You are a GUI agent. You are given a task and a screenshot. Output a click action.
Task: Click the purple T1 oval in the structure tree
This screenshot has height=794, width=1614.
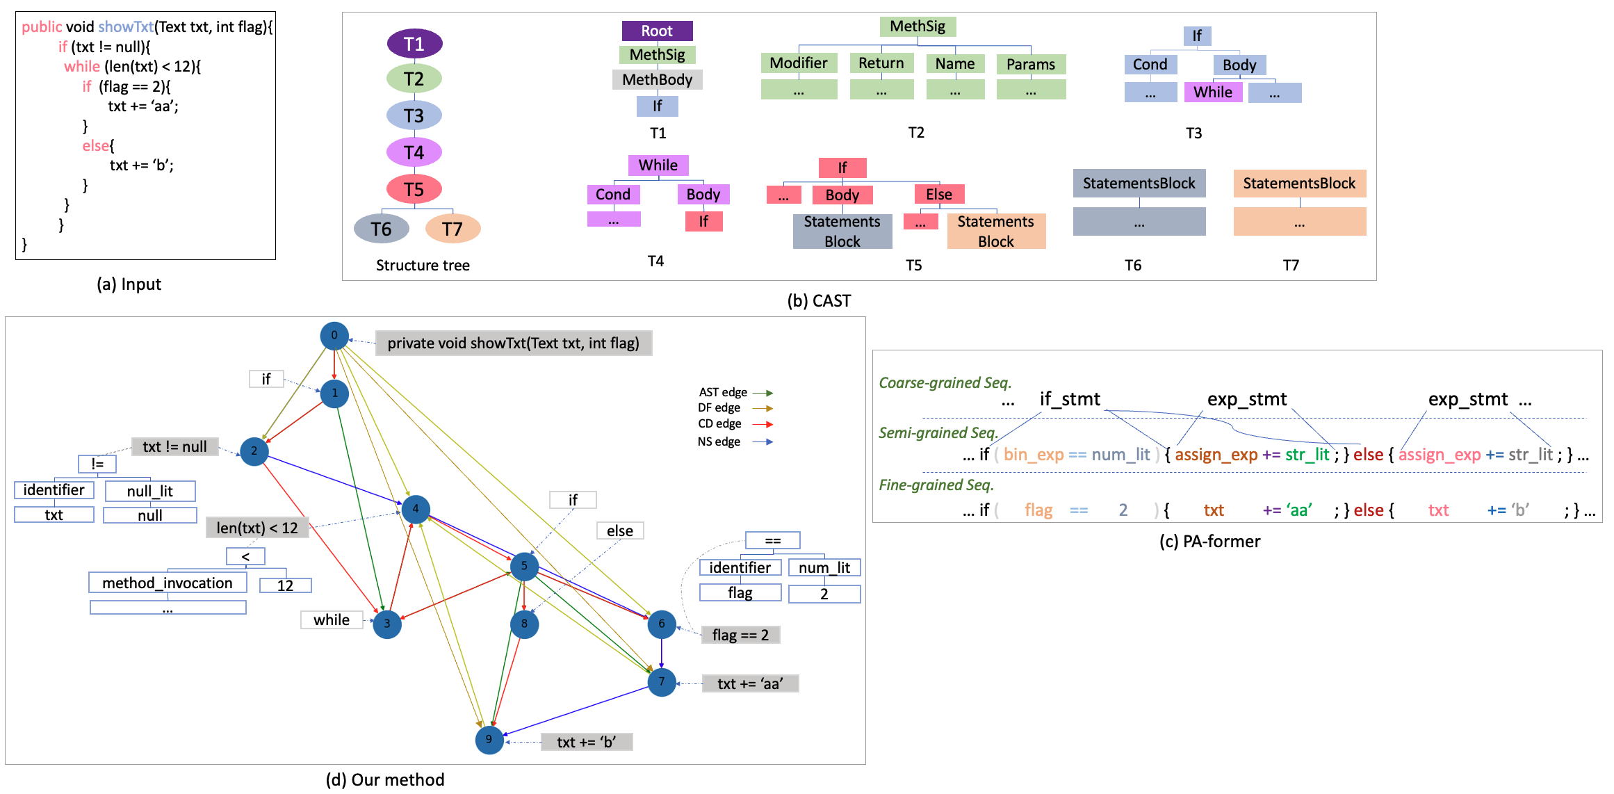414,44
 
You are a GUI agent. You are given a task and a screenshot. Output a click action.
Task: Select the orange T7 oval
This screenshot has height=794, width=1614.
453,229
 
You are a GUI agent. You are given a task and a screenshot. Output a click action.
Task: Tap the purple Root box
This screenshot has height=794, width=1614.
657,31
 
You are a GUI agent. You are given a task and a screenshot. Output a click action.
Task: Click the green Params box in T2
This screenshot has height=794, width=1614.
1030,65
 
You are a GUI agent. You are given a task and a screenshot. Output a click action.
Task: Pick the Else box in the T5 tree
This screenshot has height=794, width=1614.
938,195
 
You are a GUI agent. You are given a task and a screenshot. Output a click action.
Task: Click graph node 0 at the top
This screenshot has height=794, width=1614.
334,336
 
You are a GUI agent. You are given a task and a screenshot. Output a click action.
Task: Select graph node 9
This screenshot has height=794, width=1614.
489,740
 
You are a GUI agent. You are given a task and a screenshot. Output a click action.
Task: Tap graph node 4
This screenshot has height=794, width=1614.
416,509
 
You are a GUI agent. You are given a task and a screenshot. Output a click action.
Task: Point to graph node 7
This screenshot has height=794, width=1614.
661,682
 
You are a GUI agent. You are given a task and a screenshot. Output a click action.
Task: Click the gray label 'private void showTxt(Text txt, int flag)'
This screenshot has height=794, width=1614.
513,343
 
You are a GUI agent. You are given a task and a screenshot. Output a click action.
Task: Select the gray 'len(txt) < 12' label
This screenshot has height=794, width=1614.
257,528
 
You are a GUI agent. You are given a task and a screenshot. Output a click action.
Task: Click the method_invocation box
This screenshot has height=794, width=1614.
168,583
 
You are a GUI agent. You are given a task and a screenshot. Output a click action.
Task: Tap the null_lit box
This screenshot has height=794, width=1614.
150,492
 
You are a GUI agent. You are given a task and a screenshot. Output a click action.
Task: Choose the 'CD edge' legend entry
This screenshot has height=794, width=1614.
720,424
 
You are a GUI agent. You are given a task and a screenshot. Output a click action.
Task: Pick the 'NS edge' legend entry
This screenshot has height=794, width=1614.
719,442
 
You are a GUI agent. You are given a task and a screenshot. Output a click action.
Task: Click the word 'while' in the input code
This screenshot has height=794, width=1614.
82,67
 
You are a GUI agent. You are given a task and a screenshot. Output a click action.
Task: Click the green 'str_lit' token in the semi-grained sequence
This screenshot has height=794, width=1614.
1307,455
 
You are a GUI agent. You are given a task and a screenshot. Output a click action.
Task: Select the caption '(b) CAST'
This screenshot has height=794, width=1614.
819,301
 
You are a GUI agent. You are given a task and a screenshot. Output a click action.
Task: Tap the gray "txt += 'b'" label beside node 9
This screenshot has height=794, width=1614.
586,742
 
